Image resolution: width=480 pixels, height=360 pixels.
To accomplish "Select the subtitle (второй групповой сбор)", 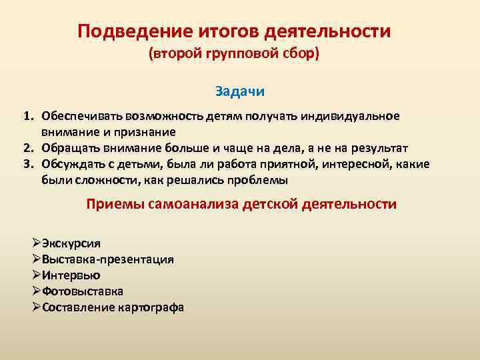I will (234, 53).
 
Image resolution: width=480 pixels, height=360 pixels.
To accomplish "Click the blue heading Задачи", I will (240, 90).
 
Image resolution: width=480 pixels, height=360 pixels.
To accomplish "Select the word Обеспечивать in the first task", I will (81, 117).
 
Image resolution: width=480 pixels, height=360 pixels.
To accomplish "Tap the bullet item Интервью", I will (70, 275).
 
